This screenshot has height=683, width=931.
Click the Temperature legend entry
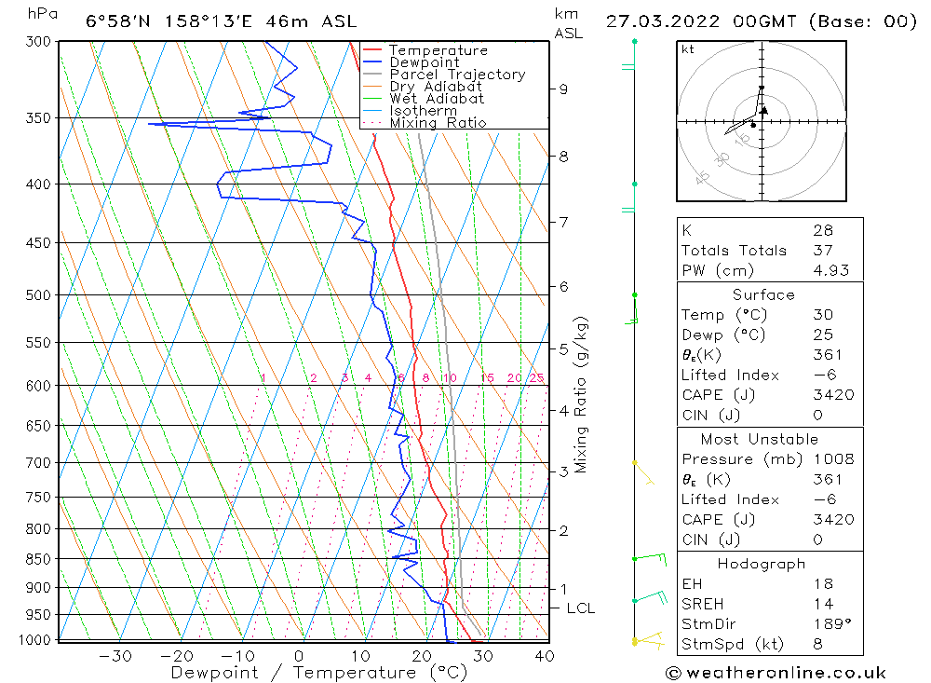[x=438, y=50]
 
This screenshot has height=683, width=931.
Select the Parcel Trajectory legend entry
[x=457, y=75]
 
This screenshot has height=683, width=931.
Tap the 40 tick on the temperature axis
[x=545, y=656]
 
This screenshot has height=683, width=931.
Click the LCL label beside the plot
[x=580, y=608]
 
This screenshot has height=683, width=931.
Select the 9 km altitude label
[x=563, y=89]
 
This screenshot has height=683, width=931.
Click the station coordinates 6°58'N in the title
[x=119, y=21]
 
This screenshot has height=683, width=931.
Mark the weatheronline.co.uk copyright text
[x=776, y=673]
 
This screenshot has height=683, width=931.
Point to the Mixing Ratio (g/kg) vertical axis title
[x=582, y=394]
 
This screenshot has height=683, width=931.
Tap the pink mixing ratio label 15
[x=487, y=377]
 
